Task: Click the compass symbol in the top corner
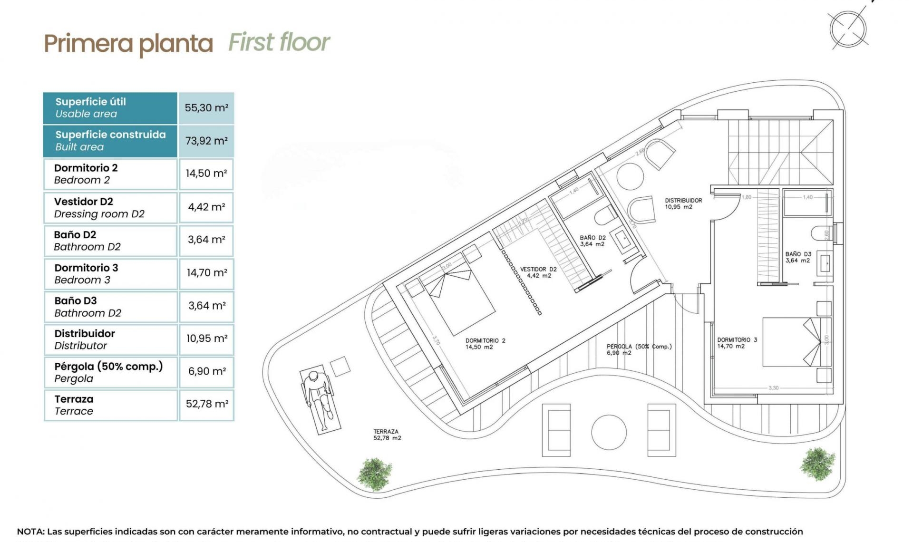click(x=848, y=29)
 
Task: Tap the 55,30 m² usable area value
click(x=206, y=108)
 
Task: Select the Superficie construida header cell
click(x=110, y=141)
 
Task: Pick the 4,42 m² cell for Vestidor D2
click(x=206, y=207)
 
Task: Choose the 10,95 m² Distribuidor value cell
click(x=206, y=339)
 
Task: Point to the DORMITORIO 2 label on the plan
click(x=485, y=344)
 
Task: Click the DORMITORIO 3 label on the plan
click(x=737, y=343)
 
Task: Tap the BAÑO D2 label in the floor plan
click(x=592, y=241)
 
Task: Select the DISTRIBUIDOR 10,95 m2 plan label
click(x=683, y=203)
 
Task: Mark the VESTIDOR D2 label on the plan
click(x=538, y=272)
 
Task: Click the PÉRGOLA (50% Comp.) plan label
click(x=639, y=349)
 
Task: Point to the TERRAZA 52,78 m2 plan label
click(x=387, y=435)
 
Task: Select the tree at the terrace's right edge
click(x=817, y=463)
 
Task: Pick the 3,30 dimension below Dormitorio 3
click(x=774, y=388)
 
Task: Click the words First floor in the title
click(x=279, y=42)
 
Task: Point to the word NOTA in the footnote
click(x=30, y=532)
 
